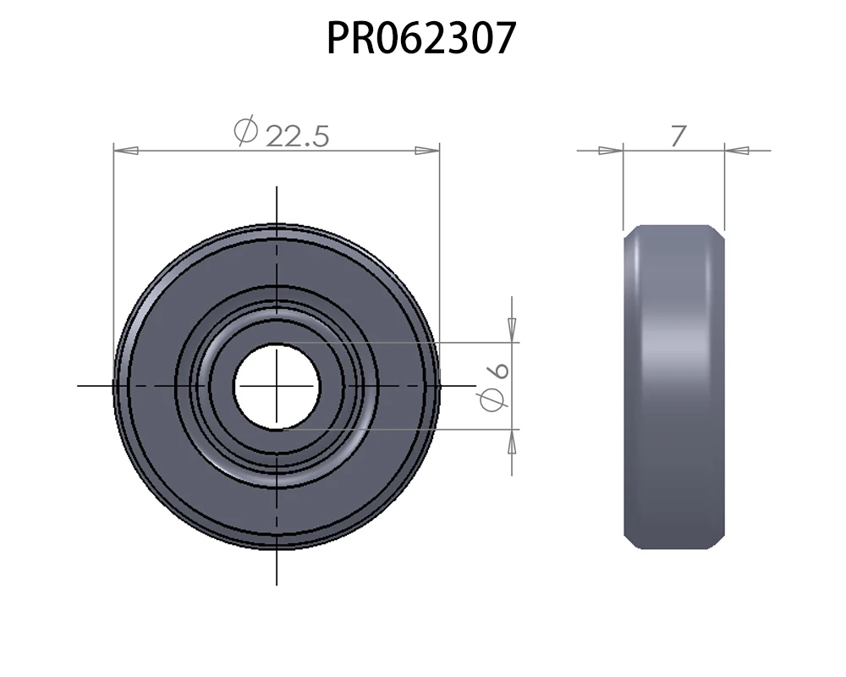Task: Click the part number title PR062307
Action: coord(421,38)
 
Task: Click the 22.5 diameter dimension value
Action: coord(297,136)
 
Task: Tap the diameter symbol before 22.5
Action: coord(246,130)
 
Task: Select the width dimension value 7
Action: coord(678,136)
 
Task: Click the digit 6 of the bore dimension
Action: coord(497,371)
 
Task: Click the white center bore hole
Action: coord(277,387)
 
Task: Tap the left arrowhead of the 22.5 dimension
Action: coord(126,151)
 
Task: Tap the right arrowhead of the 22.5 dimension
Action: coord(427,151)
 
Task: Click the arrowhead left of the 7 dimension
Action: coord(612,151)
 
